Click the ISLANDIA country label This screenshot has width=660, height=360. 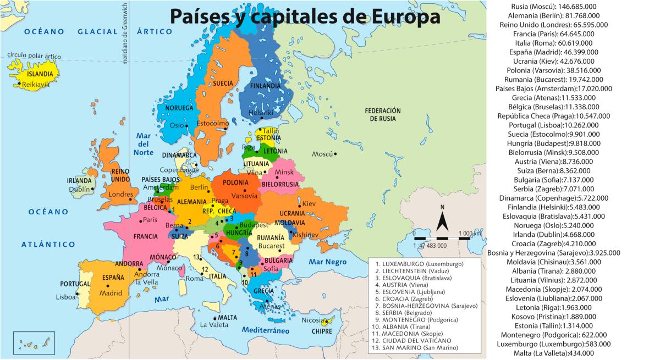point(41,73)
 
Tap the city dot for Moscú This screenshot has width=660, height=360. point(335,154)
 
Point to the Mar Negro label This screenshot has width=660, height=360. point(327,262)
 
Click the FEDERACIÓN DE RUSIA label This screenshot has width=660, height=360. point(383,114)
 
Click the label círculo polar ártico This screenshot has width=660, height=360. point(34,56)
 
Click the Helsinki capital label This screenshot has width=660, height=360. point(261,113)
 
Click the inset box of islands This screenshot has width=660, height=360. point(34,343)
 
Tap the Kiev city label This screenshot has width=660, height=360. point(309,204)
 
